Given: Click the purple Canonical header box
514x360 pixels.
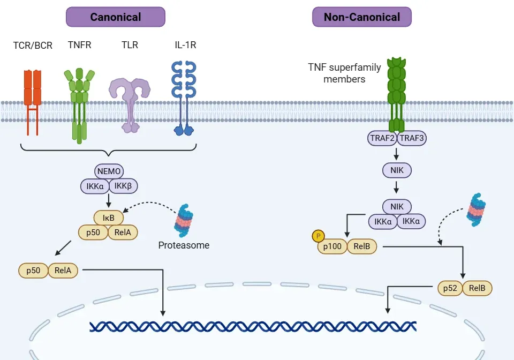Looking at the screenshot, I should (x=116, y=17).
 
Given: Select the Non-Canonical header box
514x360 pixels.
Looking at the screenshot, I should (x=362, y=17).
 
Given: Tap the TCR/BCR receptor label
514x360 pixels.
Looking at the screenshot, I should (x=33, y=46).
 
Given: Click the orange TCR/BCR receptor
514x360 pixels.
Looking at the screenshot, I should (x=33, y=102).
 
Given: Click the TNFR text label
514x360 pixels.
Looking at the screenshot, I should (x=80, y=45).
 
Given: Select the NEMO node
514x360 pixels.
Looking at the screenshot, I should (x=109, y=171).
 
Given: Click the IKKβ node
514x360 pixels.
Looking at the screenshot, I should (x=124, y=186).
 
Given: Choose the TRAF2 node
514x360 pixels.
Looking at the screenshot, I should (x=382, y=138).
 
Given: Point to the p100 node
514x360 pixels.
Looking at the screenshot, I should (x=332, y=246).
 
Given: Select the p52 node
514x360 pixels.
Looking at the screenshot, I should (x=450, y=288).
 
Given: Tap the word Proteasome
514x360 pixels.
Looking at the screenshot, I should (x=184, y=245).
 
